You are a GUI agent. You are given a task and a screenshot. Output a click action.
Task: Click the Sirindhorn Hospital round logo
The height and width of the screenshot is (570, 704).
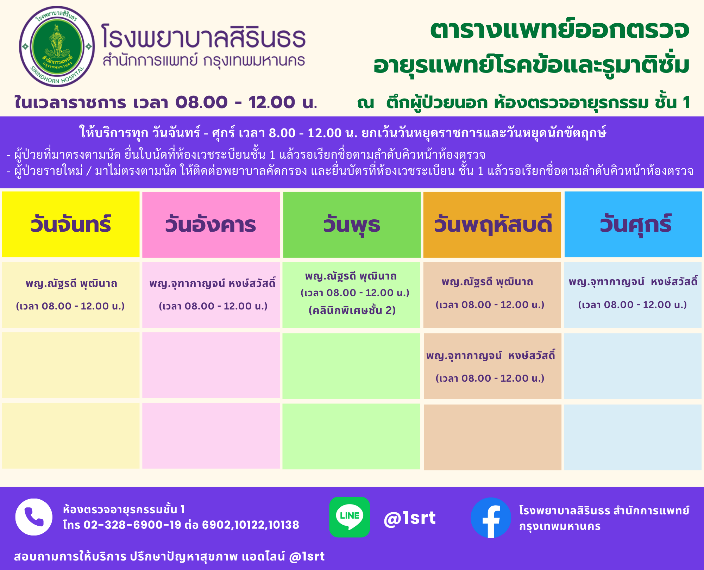click(57, 46)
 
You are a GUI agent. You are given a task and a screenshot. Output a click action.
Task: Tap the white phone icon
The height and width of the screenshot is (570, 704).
click(34, 517)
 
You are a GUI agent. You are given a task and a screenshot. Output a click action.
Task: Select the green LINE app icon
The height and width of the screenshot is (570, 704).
click(350, 517)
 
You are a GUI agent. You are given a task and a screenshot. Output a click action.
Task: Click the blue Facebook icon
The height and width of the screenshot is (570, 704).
click(491, 518)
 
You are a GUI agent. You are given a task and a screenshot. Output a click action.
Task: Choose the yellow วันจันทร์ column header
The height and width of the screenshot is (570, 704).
click(71, 224)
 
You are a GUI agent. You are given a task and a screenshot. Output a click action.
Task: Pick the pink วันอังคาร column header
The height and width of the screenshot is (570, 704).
click(211, 224)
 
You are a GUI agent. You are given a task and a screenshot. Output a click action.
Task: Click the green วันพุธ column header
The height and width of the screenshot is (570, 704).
click(352, 224)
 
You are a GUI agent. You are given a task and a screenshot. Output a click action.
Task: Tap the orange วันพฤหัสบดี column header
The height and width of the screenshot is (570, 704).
click(492, 224)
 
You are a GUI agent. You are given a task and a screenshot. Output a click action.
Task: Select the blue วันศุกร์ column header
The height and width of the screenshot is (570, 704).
click(633, 224)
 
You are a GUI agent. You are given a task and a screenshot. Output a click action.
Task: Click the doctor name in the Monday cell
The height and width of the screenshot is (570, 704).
click(71, 284)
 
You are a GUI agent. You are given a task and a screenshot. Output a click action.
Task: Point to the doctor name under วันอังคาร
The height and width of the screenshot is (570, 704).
click(212, 284)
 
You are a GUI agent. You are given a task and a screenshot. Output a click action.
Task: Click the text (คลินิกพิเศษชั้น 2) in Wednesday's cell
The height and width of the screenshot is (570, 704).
click(352, 310)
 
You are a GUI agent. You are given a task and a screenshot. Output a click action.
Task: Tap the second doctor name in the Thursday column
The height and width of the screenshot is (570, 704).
click(491, 356)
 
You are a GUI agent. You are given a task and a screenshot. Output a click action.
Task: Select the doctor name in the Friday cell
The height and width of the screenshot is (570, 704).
click(633, 282)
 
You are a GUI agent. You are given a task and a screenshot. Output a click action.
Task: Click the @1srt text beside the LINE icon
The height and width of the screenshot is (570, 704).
click(410, 518)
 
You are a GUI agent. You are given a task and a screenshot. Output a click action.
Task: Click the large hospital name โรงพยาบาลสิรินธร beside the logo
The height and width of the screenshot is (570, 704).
click(203, 36)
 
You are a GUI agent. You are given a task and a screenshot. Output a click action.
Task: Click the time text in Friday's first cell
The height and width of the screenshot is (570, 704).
click(633, 305)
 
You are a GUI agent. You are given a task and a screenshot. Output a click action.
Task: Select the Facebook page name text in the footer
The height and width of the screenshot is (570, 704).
click(604, 518)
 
